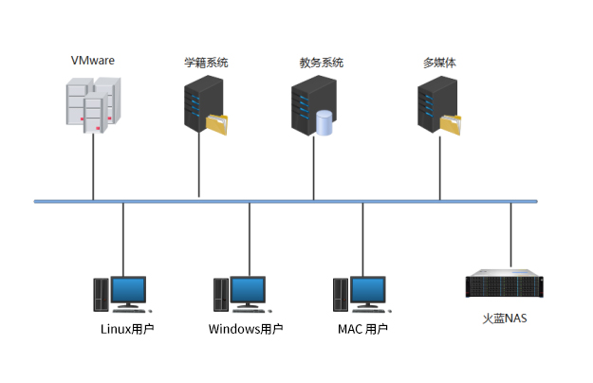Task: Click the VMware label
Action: point(92,60)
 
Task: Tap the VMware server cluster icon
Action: point(92,105)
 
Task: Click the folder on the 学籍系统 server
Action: point(217,125)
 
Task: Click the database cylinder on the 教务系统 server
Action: point(324,123)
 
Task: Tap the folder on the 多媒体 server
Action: point(451,124)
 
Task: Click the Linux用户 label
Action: point(127,330)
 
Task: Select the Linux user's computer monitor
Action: point(129,291)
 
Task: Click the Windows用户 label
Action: point(246,330)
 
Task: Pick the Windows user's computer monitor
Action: point(249,291)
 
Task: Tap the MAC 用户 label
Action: point(363,330)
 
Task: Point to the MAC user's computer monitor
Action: point(367,291)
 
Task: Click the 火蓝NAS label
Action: point(504,319)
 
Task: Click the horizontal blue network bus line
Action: point(285,201)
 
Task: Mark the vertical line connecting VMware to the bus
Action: point(93,166)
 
